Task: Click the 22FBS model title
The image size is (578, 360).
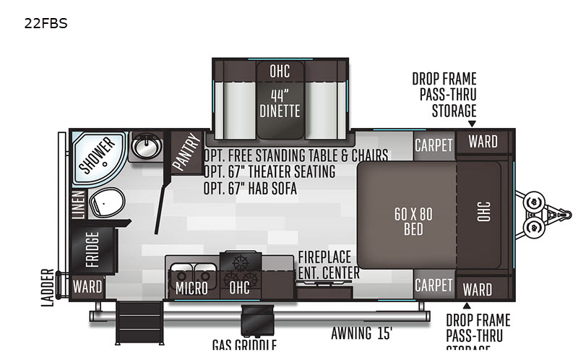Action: tap(46, 24)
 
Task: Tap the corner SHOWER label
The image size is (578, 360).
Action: tap(97, 155)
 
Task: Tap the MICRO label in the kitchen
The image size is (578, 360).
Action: tap(191, 288)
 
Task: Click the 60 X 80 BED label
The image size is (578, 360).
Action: tap(413, 222)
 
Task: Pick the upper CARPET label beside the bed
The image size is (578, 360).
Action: tap(433, 145)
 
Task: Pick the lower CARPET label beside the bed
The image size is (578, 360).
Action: tap(433, 285)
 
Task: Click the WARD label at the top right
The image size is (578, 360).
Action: tap(482, 142)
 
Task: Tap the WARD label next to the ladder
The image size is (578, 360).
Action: tap(87, 286)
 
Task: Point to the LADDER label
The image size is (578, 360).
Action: tap(48, 287)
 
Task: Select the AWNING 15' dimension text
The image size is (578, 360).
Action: tap(362, 333)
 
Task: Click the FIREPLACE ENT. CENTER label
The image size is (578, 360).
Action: tap(329, 265)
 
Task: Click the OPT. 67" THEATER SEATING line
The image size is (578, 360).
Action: tap(269, 171)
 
